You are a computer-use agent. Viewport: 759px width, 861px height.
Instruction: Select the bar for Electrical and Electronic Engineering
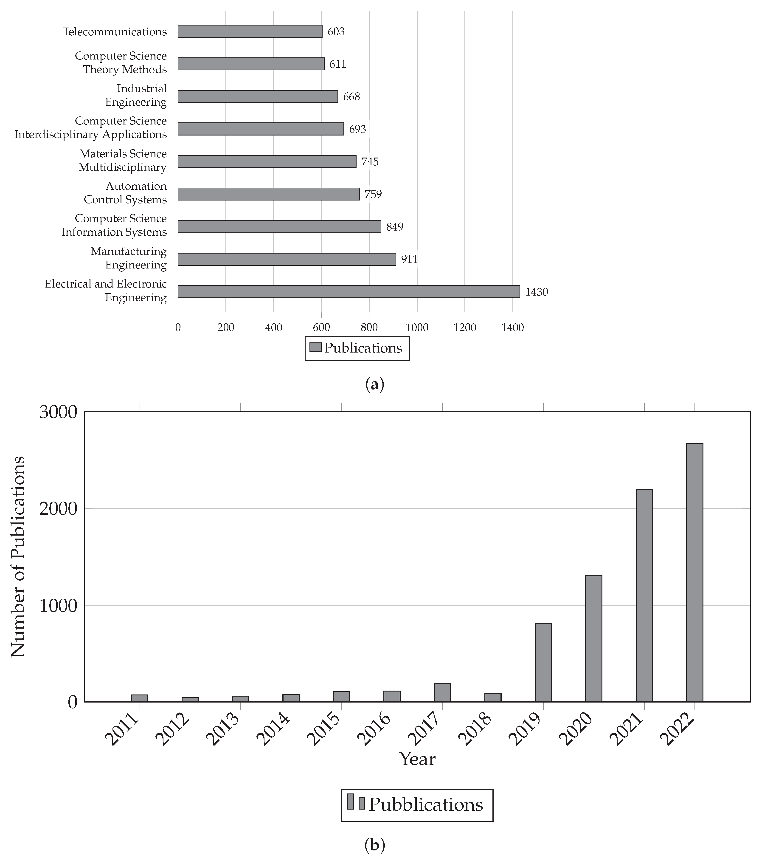coord(349,291)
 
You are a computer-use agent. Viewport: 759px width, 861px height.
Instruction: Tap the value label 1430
coord(536,292)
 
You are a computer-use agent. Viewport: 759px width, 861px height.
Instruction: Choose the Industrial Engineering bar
coord(258,96)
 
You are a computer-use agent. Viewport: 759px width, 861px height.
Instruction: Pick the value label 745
coord(370,162)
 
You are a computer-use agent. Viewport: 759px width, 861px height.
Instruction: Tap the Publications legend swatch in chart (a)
coord(315,347)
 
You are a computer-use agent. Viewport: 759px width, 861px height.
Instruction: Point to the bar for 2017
coord(442,692)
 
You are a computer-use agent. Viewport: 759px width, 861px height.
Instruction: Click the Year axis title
coord(417,759)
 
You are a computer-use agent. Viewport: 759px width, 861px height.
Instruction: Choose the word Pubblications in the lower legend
coord(426,805)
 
